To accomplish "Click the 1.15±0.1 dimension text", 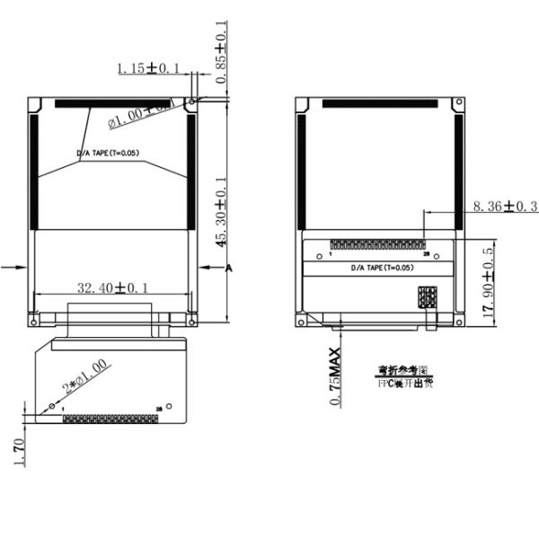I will point(149,67).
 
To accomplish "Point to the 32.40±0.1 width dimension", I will point(112,287).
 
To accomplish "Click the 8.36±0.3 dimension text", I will point(505,208).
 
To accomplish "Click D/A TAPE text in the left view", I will point(109,155).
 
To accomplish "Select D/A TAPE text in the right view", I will point(381,268).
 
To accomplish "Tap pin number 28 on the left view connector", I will point(159,409).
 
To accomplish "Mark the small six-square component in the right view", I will point(426,298).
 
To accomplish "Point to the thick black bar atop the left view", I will point(111,103).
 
